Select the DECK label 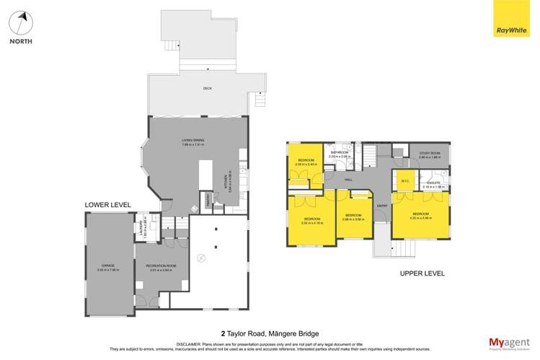pyautogui.click(x=208, y=89)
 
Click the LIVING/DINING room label pyautogui.click(x=192, y=141)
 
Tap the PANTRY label pyautogui.click(x=209, y=198)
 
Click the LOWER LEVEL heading pyautogui.click(x=108, y=205)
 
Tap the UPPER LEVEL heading pyautogui.click(x=422, y=273)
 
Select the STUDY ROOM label pyautogui.click(x=430, y=153)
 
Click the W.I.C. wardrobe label pyautogui.click(x=405, y=181)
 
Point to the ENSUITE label pyautogui.click(x=433, y=183)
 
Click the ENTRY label pyautogui.click(x=381, y=206)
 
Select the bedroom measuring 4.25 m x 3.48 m pyautogui.click(x=421, y=215)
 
